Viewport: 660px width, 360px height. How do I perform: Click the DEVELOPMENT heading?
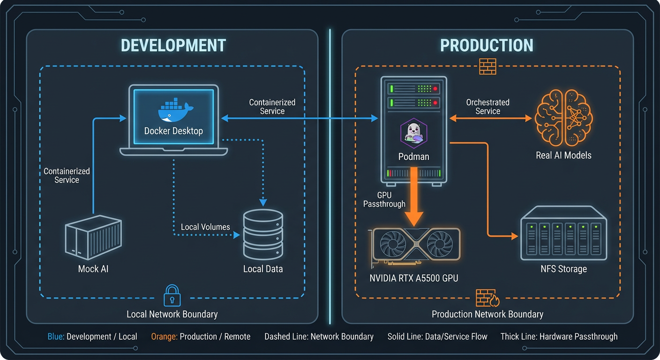[x=173, y=45]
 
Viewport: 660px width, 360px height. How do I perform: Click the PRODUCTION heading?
[x=487, y=45]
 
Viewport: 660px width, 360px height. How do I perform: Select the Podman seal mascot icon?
[x=413, y=132]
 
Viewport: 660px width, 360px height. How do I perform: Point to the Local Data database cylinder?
[x=263, y=234]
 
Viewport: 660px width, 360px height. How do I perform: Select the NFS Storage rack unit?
[x=563, y=236]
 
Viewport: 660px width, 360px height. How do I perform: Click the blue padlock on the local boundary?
[x=172, y=295]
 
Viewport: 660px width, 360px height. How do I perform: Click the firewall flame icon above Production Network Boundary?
[x=487, y=298]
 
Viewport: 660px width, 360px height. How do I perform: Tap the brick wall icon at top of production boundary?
[x=487, y=66]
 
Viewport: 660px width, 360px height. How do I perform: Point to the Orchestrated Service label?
[x=487, y=107]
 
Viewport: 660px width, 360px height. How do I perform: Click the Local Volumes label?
[x=205, y=227]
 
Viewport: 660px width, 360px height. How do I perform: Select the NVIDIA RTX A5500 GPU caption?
[x=413, y=278]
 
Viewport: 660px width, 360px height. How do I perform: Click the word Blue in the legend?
[x=55, y=337]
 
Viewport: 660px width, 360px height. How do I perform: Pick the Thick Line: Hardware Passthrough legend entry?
[x=559, y=337]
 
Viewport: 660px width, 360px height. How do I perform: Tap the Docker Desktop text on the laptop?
[x=173, y=131]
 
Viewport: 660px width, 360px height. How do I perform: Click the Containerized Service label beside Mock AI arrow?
[x=67, y=175]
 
